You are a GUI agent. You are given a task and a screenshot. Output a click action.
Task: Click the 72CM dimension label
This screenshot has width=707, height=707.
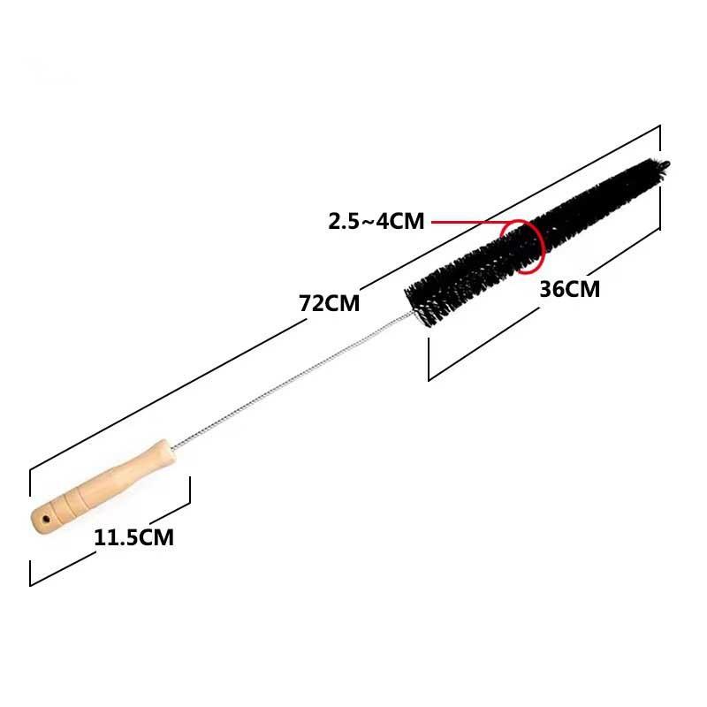329,303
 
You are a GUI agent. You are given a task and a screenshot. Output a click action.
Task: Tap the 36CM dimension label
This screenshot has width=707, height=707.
569,289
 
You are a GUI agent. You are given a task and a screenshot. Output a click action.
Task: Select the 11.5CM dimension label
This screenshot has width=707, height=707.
134,537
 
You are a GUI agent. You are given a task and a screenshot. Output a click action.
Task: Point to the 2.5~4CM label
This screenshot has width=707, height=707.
376,222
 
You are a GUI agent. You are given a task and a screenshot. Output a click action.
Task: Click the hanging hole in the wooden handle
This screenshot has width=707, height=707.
46,520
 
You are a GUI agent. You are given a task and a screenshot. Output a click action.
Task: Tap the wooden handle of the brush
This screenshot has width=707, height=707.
103,486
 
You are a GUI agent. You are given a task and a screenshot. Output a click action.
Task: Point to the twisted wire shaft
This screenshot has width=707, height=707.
293,380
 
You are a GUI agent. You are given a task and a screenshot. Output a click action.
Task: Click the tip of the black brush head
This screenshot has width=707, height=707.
666,164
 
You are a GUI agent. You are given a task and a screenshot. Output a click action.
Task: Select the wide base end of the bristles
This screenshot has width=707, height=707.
417,303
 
